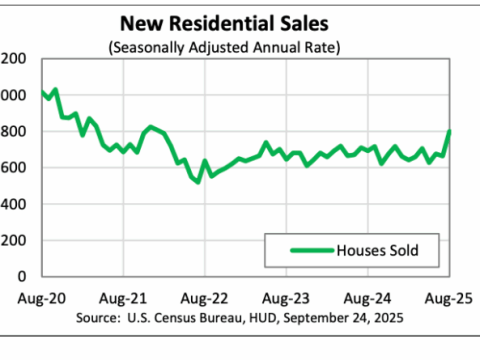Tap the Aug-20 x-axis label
[x=21, y=298]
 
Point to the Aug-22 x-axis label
[x=204, y=298]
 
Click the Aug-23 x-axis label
[x=286, y=298]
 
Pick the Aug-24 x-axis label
[x=368, y=298]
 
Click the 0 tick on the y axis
[x=20, y=275]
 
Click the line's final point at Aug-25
[x=450, y=132]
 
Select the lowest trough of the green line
[x=198, y=181]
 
